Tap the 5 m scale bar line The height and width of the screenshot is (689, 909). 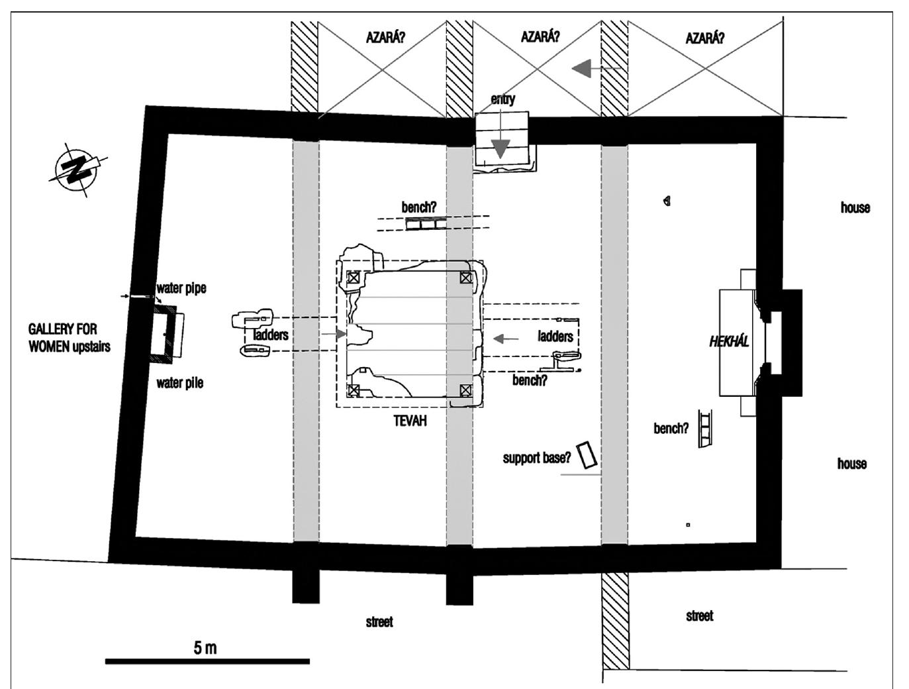[x=207, y=661]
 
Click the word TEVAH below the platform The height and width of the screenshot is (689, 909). [x=410, y=421]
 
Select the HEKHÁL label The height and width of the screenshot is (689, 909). [x=729, y=341]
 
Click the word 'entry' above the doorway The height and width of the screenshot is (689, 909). [x=502, y=99]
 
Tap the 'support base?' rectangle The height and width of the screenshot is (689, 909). [x=588, y=455]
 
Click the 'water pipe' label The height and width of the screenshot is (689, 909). [x=181, y=288]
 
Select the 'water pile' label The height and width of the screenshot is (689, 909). [x=179, y=383]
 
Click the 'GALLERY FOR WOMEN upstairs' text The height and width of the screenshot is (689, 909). [x=69, y=338]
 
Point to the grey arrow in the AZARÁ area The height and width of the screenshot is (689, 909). [x=595, y=68]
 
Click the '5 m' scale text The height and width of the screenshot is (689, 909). [x=205, y=647]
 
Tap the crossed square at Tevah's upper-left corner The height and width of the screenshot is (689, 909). [x=353, y=277]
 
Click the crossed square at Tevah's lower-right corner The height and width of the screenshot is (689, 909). [x=466, y=390]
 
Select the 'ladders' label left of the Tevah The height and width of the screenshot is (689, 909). [x=270, y=335]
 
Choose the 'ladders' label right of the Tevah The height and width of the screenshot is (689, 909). [x=555, y=336]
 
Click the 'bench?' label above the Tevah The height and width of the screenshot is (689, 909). [x=418, y=207]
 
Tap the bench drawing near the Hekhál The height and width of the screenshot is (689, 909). [x=705, y=429]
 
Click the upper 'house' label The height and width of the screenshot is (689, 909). [x=855, y=207]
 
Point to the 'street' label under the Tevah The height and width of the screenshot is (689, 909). [x=379, y=622]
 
